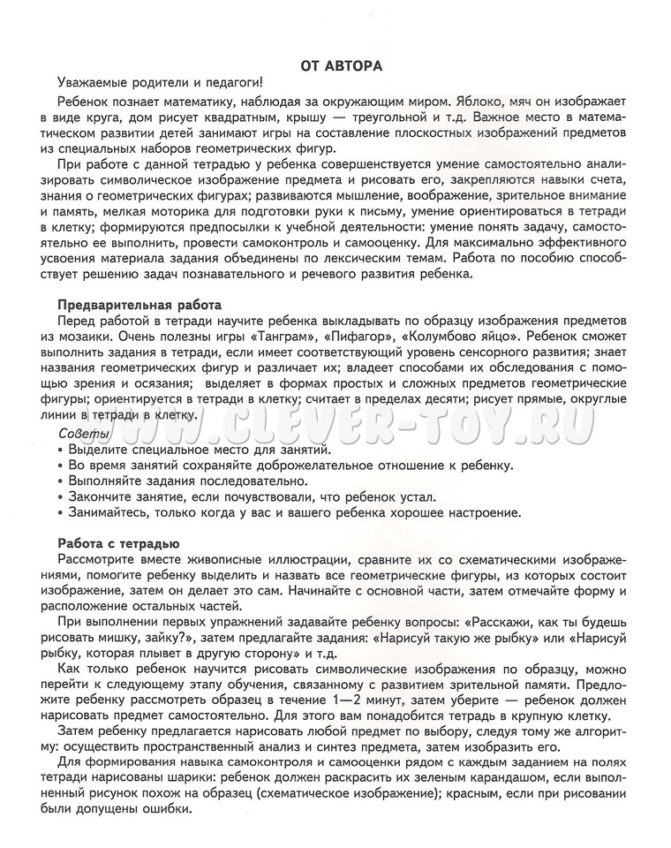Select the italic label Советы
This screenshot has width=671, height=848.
tap(84, 433)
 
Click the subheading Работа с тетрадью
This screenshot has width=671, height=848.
tap(119, 543)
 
